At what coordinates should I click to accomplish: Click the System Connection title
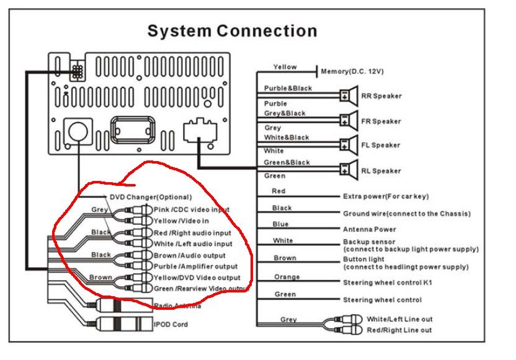point(231,31)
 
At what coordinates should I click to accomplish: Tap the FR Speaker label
point(381,121)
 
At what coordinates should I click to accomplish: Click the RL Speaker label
point(381,171)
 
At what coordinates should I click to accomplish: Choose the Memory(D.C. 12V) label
point(352,71)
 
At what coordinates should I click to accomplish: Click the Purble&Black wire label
point(288,89)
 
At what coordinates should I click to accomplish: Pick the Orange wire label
point(287,277)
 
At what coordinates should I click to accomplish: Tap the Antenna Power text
point(369,229)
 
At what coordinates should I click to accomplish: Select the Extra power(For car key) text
point(394,196)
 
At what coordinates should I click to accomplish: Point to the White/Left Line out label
point(399,319)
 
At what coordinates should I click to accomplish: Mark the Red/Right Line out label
point(399,330)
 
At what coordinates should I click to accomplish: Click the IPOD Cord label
point(171,324)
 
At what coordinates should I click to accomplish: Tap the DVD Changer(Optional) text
point(148,197)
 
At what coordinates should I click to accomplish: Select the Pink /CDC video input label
point(191,209)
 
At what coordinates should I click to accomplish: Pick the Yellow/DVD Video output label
point(197,277)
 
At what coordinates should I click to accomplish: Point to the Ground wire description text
point(406,214)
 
